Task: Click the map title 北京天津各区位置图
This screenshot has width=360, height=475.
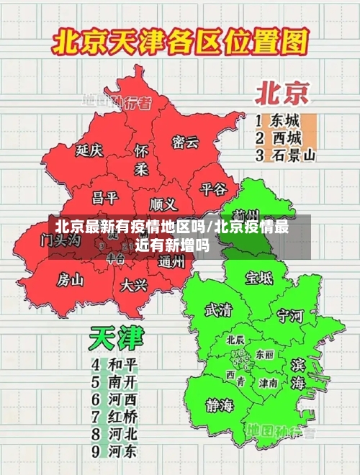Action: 179,45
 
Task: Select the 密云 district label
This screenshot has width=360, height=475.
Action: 185,142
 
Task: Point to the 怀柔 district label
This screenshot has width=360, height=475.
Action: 141,160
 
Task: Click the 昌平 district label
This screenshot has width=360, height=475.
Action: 104,196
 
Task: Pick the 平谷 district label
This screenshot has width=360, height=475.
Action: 213,189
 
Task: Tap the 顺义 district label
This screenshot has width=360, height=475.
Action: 163,204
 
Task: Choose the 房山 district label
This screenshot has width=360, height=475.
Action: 71,279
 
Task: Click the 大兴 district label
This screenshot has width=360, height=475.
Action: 134,285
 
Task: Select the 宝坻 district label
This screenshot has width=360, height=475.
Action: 258,278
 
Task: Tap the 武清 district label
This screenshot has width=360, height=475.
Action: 219,310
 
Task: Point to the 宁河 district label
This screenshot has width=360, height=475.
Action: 291,315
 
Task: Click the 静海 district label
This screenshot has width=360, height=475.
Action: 220,404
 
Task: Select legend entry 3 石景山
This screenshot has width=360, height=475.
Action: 286,155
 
